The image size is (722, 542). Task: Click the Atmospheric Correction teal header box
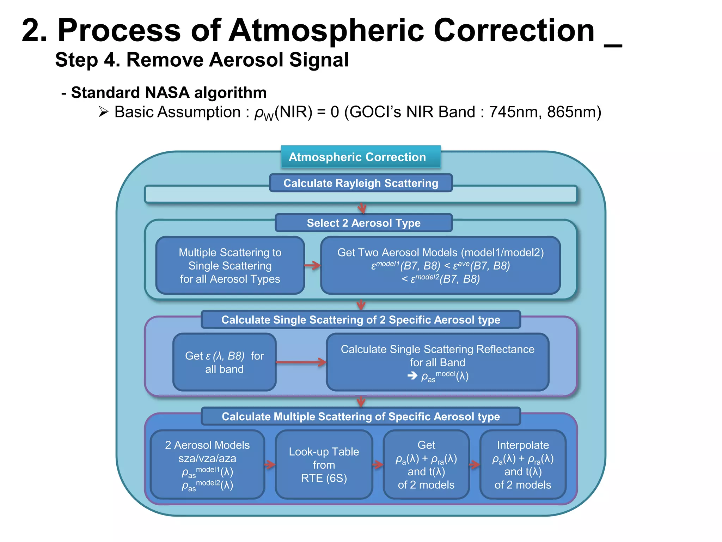[360, 157]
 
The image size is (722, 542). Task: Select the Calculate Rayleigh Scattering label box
[360, 183]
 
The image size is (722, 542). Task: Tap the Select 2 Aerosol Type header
[363, 223]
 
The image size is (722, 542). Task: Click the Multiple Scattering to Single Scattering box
[230, 265]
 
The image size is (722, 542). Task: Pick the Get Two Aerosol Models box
[440, 265]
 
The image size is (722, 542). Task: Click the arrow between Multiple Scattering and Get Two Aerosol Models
[312, 265]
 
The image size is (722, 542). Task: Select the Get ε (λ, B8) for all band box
[224, 362]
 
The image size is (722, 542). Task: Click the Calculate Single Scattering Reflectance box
[437, 362]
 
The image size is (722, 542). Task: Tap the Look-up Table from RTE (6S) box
[324, 464]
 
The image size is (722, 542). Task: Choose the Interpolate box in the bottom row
[522, 464]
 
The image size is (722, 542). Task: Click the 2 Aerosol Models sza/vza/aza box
[207, 464]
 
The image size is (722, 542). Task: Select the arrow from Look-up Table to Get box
[378, 464]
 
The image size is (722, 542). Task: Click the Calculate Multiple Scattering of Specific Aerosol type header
[360, 416]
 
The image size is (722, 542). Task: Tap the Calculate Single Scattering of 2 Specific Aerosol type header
[360, 320]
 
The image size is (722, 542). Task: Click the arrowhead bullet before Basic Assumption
[103, 112]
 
